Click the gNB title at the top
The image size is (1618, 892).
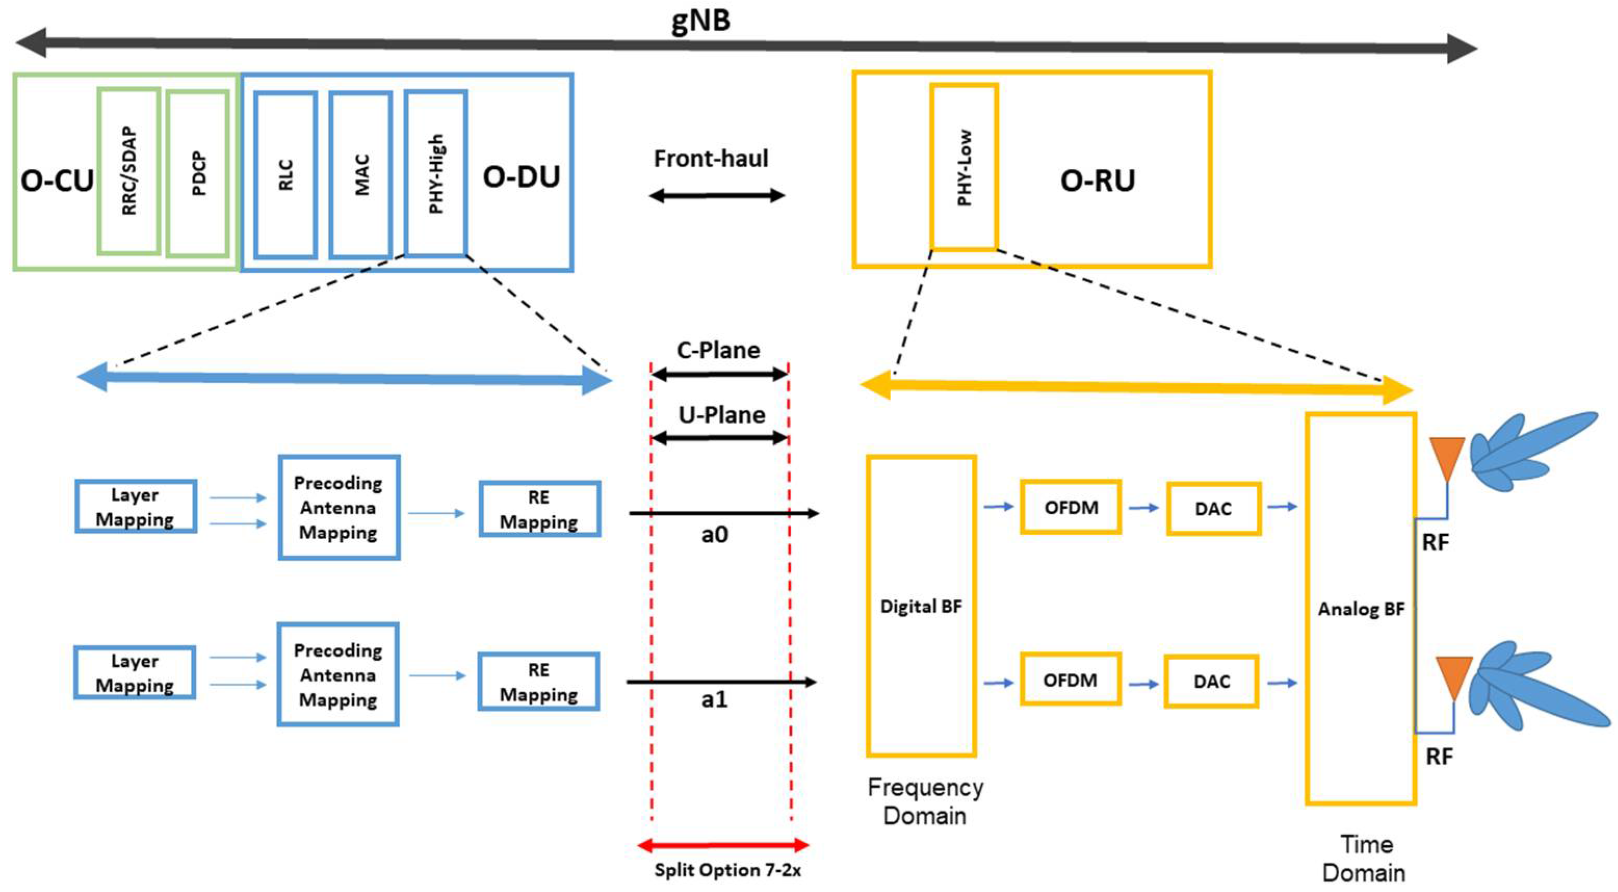click(701, 20)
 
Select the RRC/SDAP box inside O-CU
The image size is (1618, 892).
click(129, 171)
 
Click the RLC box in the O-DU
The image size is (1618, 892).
click(286, 175)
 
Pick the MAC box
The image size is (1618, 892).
click(361, 175)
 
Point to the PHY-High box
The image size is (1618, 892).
click(436, 174)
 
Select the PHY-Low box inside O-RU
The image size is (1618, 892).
click(964, 167)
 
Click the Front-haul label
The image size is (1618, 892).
click(711, 159)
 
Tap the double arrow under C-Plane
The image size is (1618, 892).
click(720, 375)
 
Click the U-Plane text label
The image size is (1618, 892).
click(722, 415)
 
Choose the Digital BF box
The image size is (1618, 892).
click(921, 606)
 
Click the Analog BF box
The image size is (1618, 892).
click(1361, 609)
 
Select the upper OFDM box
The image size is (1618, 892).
click(1071, 507)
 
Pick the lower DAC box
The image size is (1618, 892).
click(1211, 681)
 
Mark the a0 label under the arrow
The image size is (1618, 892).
click(715, 534)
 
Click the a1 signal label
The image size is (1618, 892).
click(715, 699)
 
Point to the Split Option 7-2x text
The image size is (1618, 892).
click(727, 870)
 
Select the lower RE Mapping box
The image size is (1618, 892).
click(538, 682)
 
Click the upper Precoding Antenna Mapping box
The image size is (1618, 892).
click(338, 507)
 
